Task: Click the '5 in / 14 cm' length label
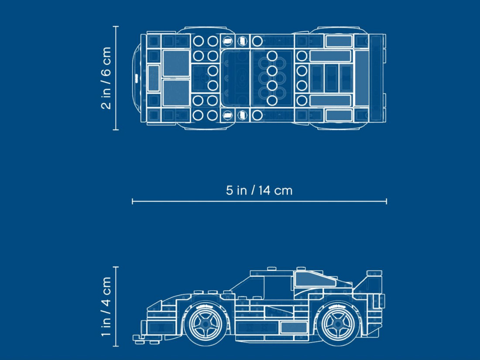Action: tap(259, 190)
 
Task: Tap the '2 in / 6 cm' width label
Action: tap(106, 78)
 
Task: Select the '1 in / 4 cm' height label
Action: tap(106, 306)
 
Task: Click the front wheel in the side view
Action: tap(206, 324)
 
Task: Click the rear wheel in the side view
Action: tap(339, 324)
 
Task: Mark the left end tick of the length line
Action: tap(132, 201)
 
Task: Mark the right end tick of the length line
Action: tap(386, 201)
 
